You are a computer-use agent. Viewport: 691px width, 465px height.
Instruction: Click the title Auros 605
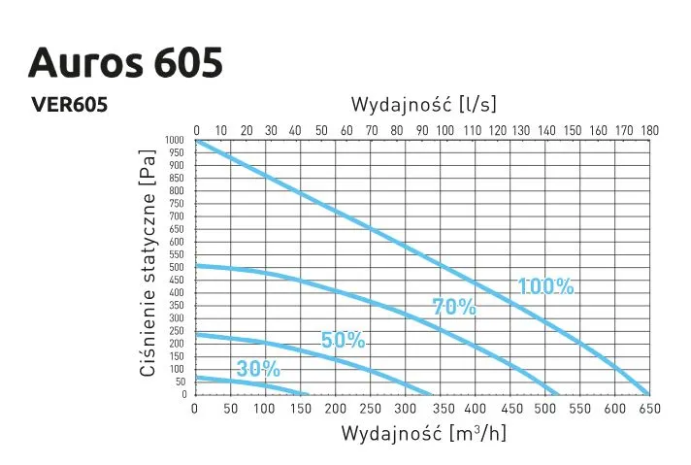pos(126,61)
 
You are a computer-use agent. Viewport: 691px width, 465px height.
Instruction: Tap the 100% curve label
pos(545,286)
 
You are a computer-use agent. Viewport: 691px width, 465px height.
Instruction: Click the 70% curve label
pos(454,308)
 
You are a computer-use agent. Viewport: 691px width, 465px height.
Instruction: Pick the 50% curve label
pos(343,340)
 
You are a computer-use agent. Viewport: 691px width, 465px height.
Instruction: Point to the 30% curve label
pos(257,369)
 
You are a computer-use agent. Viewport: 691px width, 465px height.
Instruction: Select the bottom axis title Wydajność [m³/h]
pos(423,433)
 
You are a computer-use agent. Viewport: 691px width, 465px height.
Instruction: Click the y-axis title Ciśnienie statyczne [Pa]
pos(148,263)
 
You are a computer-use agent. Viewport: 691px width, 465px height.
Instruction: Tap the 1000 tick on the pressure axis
pos(175,140)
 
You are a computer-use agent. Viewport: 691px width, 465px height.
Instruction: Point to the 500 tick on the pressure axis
pos(177,267)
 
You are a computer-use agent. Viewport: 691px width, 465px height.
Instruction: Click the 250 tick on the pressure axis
pos(177,331)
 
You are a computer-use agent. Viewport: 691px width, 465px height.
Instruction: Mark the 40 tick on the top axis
pos(296,129)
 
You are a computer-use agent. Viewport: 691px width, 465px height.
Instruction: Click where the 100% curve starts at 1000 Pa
pos(197,141)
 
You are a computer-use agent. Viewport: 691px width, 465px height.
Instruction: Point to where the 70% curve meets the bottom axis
pos(557,394)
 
